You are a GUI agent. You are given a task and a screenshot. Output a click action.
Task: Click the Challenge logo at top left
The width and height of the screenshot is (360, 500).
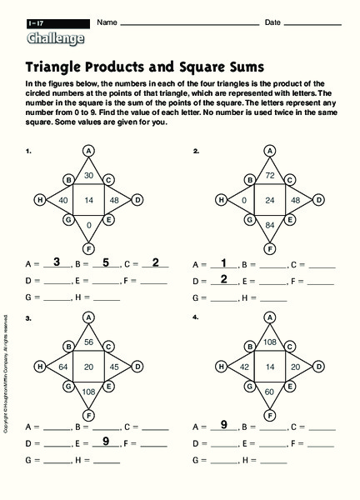coord(55,38)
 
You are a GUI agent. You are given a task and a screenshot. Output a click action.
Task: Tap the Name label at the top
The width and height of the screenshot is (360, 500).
coord(104,22)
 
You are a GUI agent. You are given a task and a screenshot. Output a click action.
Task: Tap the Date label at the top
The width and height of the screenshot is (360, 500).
coord(272,22)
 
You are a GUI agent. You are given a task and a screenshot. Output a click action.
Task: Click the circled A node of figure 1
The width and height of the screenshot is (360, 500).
coord(88,150)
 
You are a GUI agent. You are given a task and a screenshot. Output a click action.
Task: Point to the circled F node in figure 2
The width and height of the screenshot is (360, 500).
coord(270,248)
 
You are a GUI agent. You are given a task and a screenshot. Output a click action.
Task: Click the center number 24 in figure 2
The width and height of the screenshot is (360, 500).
coord(270,200)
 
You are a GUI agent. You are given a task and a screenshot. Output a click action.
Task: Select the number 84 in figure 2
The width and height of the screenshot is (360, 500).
coord(270,225)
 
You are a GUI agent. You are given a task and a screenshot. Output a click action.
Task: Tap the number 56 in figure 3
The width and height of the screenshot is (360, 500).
coord(88,342)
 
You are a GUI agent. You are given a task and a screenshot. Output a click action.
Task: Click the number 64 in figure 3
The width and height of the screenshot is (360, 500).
coord(62,367)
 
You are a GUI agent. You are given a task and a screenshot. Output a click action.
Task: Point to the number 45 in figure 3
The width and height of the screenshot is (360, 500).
coord(114,367)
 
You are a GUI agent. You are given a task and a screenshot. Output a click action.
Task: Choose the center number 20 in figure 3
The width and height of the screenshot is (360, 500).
coord(88,367)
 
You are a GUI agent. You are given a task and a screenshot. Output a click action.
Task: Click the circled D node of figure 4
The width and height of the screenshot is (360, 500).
coord(318,366)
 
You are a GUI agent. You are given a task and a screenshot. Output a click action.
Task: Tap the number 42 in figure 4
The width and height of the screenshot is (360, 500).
coord(244,367)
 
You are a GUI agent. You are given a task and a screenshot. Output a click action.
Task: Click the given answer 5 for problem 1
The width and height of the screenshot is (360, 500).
coord(106,262)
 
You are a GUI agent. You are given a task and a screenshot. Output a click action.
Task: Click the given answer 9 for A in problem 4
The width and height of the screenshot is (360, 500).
coord(223,426)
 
